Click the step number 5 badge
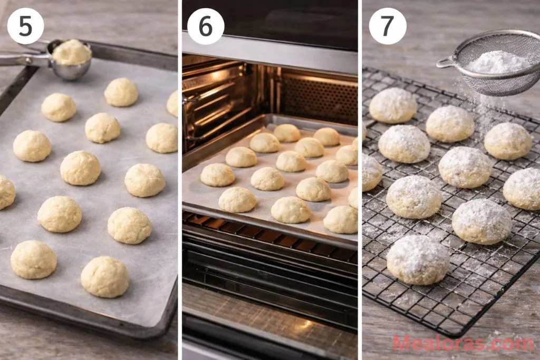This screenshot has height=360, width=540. click(25, 26)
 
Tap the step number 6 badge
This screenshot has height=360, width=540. click(206, 26)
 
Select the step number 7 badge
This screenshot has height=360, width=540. click(388, 26)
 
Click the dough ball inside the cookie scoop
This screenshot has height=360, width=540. click(72, 52)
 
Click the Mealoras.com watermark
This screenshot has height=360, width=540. click(462, 344)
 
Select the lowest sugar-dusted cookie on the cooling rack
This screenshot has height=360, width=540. click(418, 259)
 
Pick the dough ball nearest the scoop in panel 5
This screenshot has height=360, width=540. click(121, 92)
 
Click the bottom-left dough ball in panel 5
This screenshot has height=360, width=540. click(33, 259)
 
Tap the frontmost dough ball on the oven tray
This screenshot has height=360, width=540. click(291, 209)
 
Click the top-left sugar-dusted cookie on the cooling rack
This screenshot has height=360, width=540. click(393, 105)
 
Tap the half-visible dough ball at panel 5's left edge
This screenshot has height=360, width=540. click(6, 192)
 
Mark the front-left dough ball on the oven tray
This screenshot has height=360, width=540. click(237, 200)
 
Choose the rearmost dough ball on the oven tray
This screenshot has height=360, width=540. click(287, 133)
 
